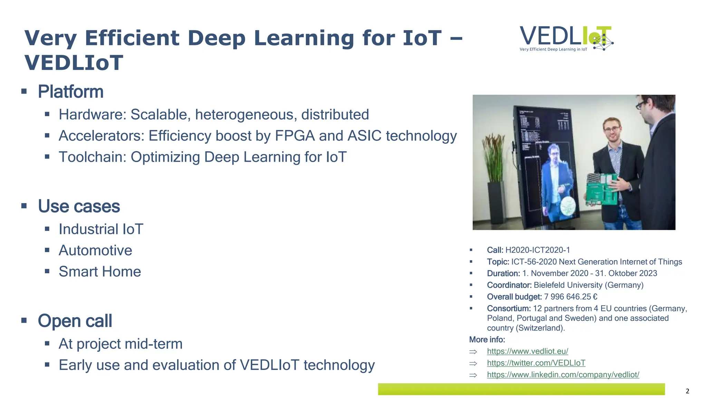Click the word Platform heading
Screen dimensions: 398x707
[x=70, y=92]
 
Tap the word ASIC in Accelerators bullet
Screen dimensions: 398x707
[x=365, y=136]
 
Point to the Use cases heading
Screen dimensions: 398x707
[x=79, y=206]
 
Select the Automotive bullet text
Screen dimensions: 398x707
[x=95, y=250]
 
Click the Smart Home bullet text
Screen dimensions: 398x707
[x=100, y=272]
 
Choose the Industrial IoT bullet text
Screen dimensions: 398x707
[x=101, y=229]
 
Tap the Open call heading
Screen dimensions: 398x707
[x=75, y=321]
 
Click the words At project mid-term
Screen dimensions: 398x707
[x=120, y=344]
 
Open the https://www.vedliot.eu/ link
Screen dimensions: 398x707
[x=527, y=351]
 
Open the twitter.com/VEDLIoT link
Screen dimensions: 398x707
[x=536, y=363]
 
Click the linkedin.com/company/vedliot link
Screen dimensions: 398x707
[x=563, y=375]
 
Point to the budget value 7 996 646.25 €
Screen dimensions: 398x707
[x=570, y=297]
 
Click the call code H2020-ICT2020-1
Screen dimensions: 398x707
[x=537, y=250]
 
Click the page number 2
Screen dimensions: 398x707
[x=687, y=391]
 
